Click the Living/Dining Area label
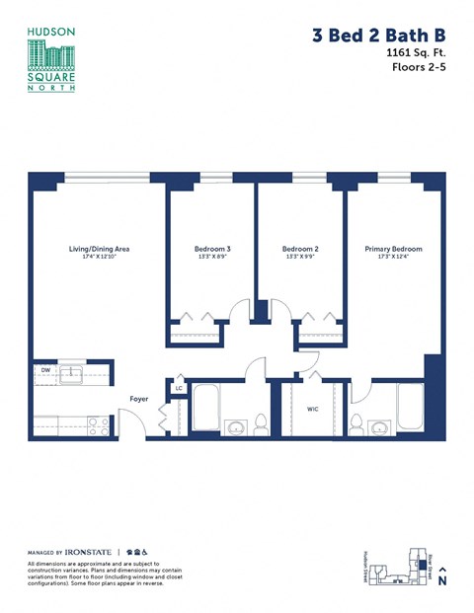[x=99, y=249]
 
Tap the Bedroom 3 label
[x=212, y=249]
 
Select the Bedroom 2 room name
[x=300, y=249]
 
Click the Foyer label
[x=140, y=399]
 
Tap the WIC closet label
[x=312, y=408]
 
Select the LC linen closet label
[x=179, y=388]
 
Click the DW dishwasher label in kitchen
[x=45, y=371]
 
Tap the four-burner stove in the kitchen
[x=98, y=425]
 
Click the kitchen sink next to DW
[x=71, y=372]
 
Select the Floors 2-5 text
[x=419, y=71]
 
